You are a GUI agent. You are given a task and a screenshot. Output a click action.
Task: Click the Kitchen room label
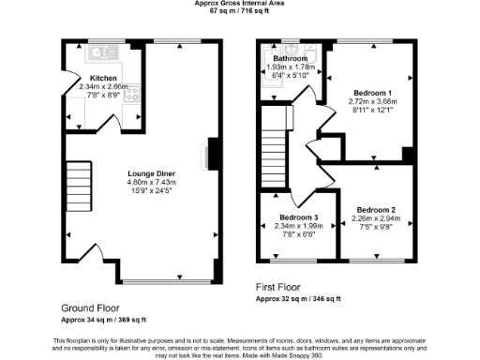pos(102,78)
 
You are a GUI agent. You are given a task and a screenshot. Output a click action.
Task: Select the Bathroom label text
pos(291,58)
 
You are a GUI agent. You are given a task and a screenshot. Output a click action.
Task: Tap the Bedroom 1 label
pos(368,92)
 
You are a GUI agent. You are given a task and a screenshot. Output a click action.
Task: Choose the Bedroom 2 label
pos(374,210)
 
